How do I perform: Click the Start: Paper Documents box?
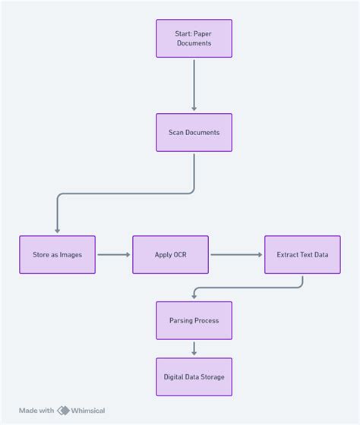194,38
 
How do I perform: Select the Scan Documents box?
194,133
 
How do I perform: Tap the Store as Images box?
57,254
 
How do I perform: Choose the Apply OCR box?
170,254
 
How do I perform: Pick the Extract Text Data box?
302,254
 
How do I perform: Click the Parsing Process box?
194,320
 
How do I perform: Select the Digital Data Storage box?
194,376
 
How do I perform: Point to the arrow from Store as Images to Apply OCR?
113,254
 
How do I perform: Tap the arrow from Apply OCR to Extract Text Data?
236,254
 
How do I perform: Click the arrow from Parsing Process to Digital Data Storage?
194,348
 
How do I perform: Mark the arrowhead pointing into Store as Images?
57,231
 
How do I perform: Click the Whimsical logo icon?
64,411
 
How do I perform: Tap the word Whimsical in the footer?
88,411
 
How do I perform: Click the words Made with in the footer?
36,411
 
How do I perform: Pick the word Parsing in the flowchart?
182,320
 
